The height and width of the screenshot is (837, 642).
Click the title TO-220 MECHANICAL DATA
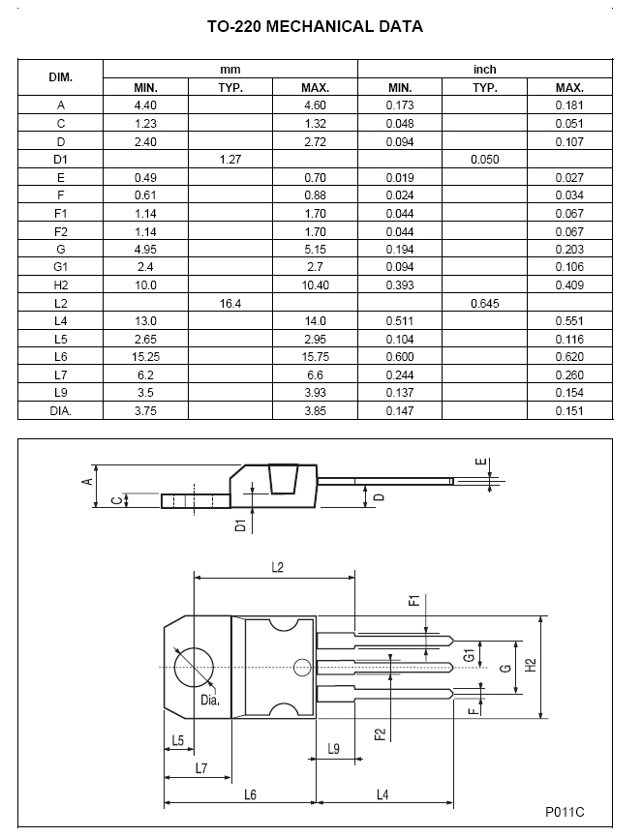(x=315, y=27)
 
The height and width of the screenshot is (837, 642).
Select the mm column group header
(x=229, y=70)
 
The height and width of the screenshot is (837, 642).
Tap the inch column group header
(x=484, y=70)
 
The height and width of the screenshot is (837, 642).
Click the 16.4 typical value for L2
(x=230, y=303)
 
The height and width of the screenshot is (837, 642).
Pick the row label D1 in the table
(x=61, y=159)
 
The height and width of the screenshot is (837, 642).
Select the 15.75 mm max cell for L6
(x=315, y=356)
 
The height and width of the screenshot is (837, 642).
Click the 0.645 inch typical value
(x=484, y=303)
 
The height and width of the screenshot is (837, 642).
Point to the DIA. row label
(x=61, y=410)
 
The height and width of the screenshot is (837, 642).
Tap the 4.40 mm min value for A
(x=145, y=105)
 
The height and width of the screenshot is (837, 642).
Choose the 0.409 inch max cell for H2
(x=569, y=284)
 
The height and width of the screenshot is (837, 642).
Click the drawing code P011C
(x=565, y=812)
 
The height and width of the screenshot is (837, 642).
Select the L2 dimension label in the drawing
(x=276, y=567)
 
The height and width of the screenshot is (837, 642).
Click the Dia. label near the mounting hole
(x=210, y=700)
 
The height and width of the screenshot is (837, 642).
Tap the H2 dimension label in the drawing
(x=531, y=666)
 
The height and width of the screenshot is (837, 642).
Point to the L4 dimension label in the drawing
(x=382, y=794)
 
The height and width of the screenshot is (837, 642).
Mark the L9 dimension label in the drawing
(x=333, y=748)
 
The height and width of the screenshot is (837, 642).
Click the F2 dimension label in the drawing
(x=380, y=733)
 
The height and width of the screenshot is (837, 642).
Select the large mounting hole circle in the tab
(x=194, y=667)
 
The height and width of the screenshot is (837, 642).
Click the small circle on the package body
(x=302, y=667)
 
